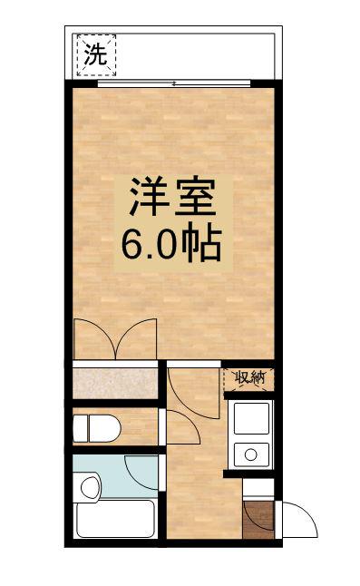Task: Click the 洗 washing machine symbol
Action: click(96, 55)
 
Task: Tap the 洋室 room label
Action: click(173, 198)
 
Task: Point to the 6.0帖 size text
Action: click(171, 243)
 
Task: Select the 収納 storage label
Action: click(250, 377)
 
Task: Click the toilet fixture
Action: click(96, 428)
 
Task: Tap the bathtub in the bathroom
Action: click(114, 519)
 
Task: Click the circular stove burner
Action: click(251, 454)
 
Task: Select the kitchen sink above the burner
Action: click(252, 418)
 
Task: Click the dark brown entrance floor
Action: click(258, 520)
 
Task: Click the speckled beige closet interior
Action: click(115, 384)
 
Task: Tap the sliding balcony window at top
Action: click(174, 83)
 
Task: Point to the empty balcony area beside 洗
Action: click(195, 56)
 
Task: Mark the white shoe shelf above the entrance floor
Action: click(258, 488)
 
